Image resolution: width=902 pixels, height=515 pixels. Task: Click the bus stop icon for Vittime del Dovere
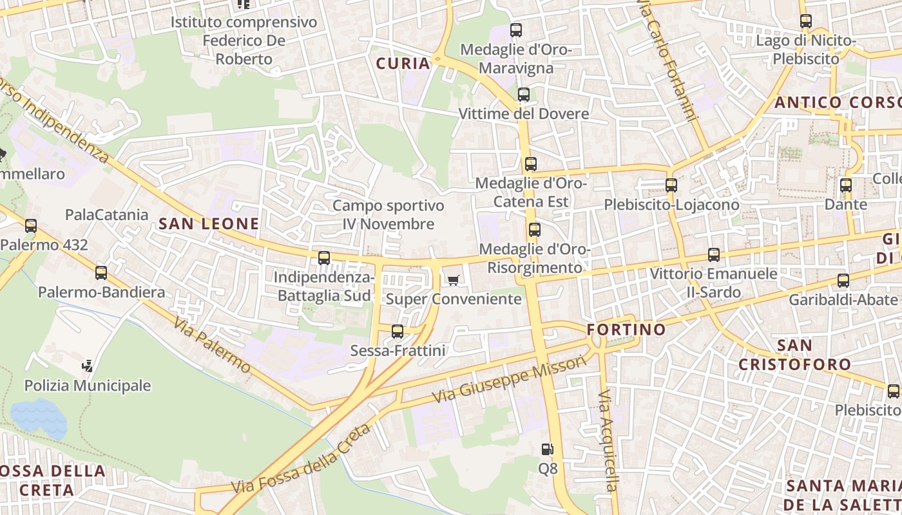[x=523, y=95]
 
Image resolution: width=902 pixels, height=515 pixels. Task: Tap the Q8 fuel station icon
[x=547, y=449]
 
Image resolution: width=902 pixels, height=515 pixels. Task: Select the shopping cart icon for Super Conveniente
[x=453, y=279]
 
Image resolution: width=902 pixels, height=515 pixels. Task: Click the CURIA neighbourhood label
[x=403, y=63]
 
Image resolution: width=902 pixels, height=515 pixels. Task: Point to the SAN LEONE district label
[x=209, y=224]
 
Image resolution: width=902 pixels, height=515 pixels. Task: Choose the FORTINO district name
[x=626, y=330]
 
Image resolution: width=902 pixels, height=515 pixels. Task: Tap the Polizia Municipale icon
[x=88, y=367]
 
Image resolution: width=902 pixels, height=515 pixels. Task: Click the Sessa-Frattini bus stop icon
[x=398, y=332]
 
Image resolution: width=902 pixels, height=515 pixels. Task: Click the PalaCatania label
[x=107, y=214]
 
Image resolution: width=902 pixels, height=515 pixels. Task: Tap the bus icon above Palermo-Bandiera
[x=101, y=272]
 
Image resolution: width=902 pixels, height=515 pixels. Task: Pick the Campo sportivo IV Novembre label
[x=388, y=214]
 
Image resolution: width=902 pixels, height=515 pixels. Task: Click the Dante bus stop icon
[x=845, y=185]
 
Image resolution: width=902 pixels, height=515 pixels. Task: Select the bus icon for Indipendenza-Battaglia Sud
[x=324, y=258]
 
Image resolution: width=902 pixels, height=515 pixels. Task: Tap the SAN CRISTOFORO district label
[x=794, y=355]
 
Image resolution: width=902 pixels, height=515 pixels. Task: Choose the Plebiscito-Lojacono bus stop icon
[x=671, y=185]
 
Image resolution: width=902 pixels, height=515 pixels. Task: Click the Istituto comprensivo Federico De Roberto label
[x=244, y=41]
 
